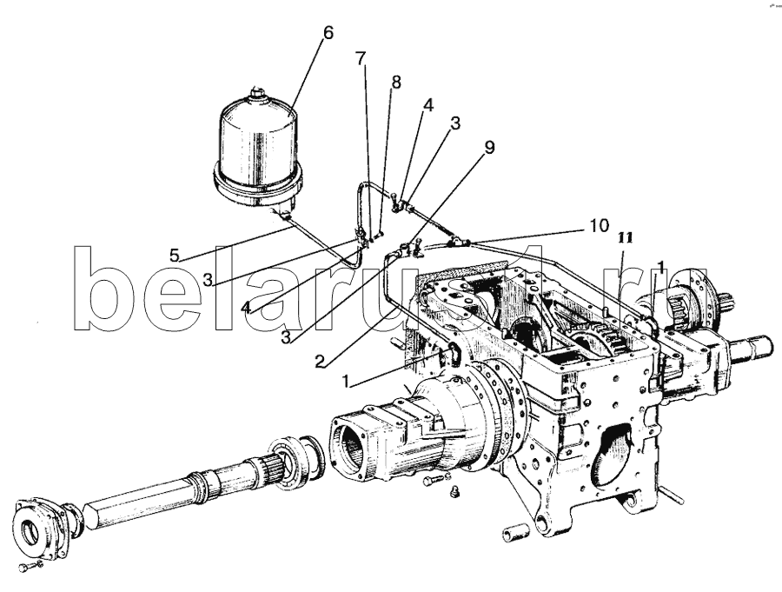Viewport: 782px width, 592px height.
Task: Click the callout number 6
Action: coord(327,33)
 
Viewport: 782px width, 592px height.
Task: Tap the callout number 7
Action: coord(361,59)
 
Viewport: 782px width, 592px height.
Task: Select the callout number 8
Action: coord(395,83)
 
